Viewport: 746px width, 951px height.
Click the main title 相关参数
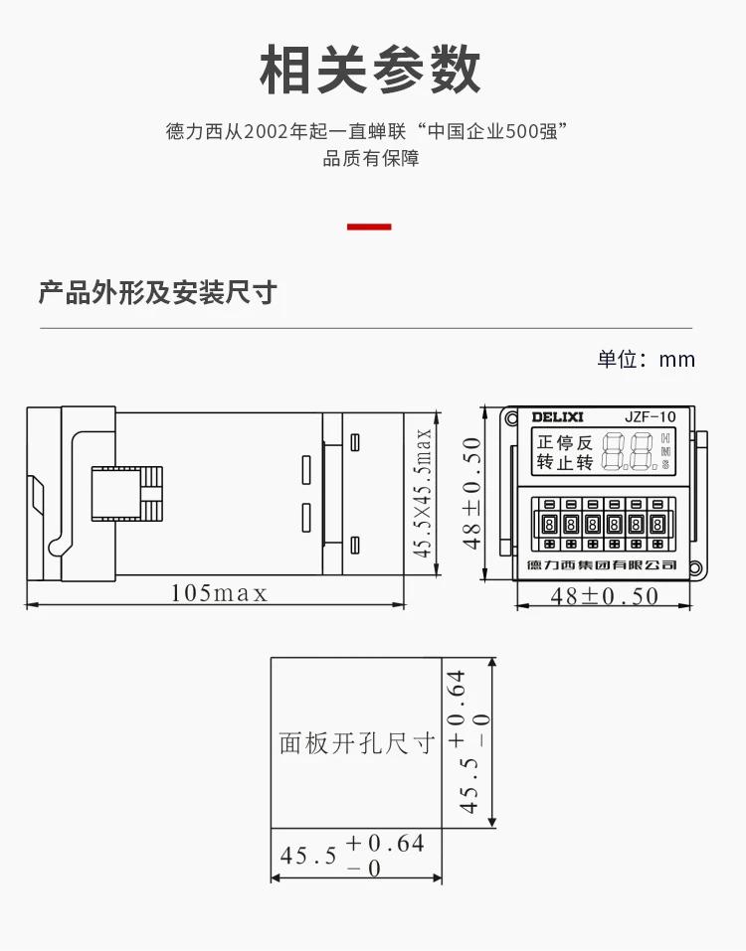pyautogui.click(x=370, y=70)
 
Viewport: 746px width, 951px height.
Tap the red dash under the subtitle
pyautogui.click(x=369, y=227)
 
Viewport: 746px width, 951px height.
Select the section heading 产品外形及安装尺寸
pyautogui.click(x=158, y=292)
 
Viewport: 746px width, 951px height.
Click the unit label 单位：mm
pyautogui.click(x=646, y=359)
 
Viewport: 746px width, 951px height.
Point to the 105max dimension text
pyautogui.click(x=219, y=592)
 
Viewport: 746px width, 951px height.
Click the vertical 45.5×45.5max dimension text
pyautogui.click(x=423, y=493)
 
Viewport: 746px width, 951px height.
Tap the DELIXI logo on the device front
pyautogui.click(x=557, y=417)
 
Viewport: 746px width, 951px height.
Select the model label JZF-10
pyautogui.click(x=651, y=417)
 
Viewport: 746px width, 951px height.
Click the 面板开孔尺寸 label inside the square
pyautogui.click(x=357, y=743)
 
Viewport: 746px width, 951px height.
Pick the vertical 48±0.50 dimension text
pyautogui.click(x=471, y=493)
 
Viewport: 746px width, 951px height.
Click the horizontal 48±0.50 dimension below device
pyautogui.click(x=605, y=596)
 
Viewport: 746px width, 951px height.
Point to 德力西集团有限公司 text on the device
pyautogui.click(x=602, y=565)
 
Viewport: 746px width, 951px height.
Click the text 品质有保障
pyautogui.click(x=371, y=159)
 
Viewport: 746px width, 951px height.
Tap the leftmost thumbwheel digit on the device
pyautogui.click(x=549, y=524)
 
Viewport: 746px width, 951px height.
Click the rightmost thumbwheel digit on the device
pyautogui.click(x=657, y=524)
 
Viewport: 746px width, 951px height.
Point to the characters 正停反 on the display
pyautogui.click(x=565, y=443)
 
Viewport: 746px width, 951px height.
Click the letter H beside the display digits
pyautogui.click(x=665, y=438)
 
